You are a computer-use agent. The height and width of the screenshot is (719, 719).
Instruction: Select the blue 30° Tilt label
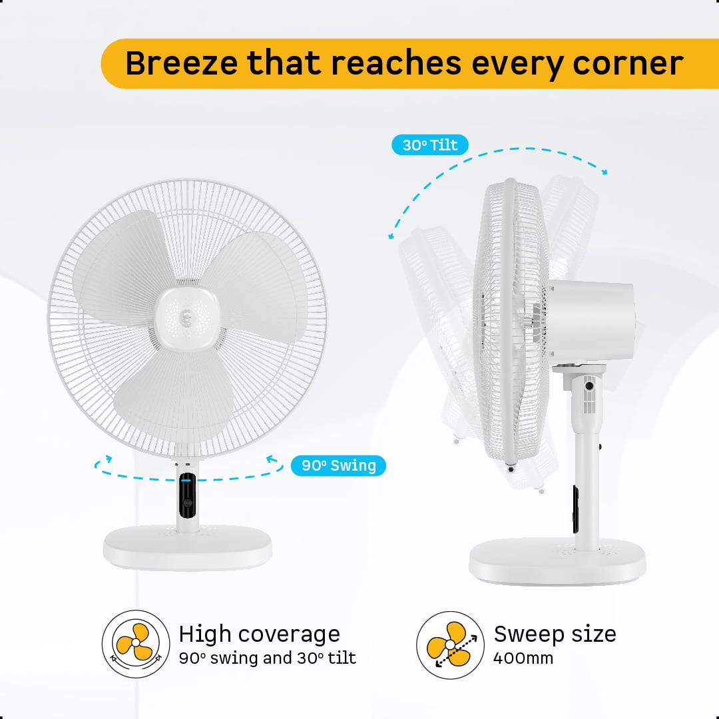pos(429,145)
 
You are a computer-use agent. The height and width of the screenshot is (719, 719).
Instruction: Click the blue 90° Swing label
pos(338,465)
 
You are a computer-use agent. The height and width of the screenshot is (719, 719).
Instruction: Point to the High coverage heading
pos(259,634)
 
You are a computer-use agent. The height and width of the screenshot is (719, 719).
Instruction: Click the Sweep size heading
pos(555,634)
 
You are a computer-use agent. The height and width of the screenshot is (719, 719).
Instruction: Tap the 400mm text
pos(523,658)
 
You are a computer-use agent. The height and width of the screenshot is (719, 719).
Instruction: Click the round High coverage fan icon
pos(136,644)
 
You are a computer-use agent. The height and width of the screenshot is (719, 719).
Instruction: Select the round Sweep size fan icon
pos(450,644)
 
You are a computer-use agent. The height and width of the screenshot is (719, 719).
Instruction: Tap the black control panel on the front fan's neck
pos(187,495)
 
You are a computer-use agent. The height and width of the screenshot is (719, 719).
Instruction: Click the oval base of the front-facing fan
pos(187,547)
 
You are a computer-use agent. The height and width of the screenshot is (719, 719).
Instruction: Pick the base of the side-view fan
pos(557,562)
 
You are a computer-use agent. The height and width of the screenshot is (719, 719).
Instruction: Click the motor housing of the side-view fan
pos(592,321)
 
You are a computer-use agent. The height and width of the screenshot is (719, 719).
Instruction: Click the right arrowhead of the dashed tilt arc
pos(604,172)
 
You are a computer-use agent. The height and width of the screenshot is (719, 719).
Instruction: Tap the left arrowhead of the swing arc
pos(107,458)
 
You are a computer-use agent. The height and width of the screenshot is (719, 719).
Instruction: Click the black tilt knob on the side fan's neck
pos(589,386)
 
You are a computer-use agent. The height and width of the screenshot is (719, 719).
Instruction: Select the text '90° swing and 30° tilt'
pos(268,658)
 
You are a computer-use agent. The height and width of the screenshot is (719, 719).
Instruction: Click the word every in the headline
pos(517,65)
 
